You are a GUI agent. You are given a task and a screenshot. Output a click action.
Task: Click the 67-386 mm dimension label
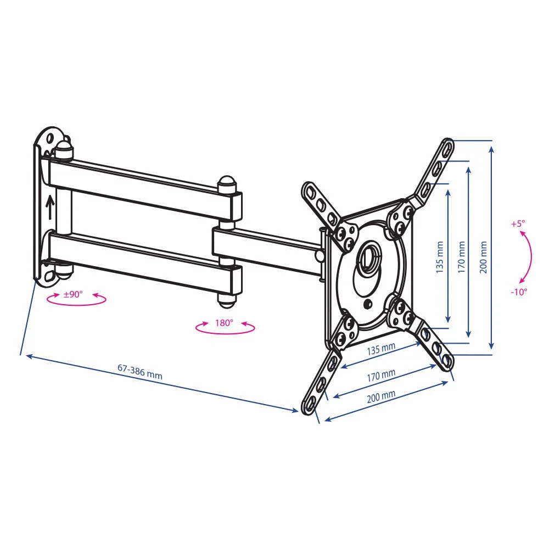139,372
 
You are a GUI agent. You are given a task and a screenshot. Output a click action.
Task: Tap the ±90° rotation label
73,294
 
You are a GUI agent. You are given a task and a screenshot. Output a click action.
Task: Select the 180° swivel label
224,322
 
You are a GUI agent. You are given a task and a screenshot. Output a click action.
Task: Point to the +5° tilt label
518,223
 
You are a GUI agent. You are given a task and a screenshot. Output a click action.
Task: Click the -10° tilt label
519,292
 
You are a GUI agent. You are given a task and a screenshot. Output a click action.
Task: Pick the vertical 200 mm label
483,257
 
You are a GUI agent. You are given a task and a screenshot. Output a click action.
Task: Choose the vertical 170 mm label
462,257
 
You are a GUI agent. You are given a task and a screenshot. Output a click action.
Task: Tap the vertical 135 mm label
440,257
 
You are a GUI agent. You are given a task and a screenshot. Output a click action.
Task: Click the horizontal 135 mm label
381,349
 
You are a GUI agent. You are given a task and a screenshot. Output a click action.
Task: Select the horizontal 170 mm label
381,376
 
